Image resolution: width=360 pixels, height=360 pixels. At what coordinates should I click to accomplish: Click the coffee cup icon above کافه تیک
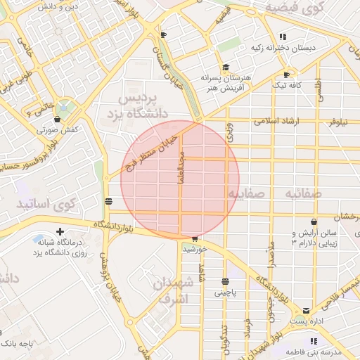[286, 75]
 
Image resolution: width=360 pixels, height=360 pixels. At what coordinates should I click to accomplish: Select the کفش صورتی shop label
[56, 130]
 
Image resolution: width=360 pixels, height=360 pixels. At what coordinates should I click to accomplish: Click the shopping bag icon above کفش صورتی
[57, 120]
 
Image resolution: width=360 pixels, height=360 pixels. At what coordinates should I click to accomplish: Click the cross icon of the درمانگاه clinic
[60, 231]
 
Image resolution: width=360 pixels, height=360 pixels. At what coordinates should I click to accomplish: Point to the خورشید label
[193, 249]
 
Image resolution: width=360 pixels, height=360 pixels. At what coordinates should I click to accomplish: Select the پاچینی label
[226, 290]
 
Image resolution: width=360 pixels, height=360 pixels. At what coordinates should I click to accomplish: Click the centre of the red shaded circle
[180, 180]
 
